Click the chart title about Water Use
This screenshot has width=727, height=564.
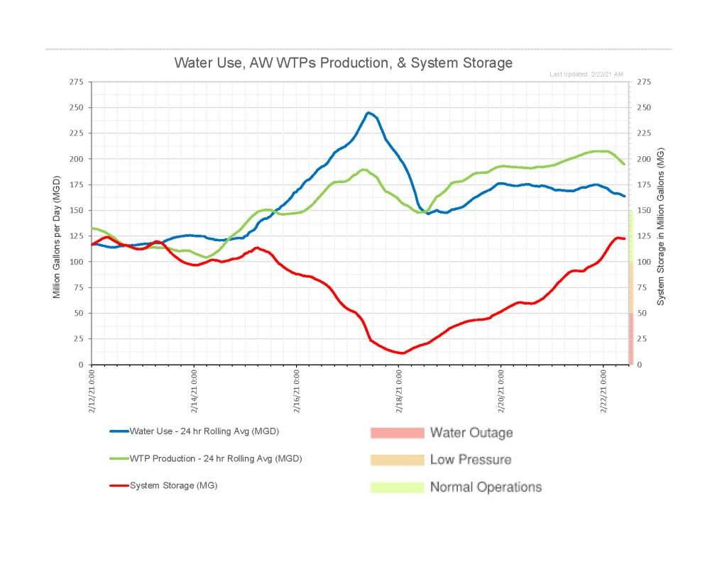343,62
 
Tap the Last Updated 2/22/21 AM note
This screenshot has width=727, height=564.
586,74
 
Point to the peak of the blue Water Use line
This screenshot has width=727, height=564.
368,113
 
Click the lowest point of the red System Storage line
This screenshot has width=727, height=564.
403,353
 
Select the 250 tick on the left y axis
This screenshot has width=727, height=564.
77,108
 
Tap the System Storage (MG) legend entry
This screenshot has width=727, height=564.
173,485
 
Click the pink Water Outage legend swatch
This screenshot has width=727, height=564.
396,433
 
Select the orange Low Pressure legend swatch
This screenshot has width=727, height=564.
396,460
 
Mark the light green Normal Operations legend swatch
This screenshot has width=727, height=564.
396,487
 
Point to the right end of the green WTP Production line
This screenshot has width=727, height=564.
624,164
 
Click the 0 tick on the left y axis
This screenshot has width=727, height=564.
81,365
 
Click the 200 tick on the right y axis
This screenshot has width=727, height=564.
646,159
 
